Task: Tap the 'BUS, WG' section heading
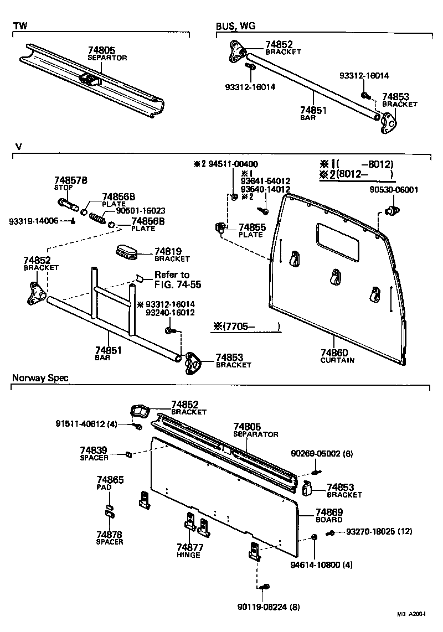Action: pyautogui.click(x=235, y=26)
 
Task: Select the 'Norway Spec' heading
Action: pyautogui.click(x=40, y=378)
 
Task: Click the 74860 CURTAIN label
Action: pyautogui.click(x=337, y=356)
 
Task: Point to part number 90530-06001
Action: pyautogui.click(x=393, y=189)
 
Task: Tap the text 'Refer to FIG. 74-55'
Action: pyautogui.click(x=177, y=280)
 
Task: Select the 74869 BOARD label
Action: pyautogui.click(x=329, y=515)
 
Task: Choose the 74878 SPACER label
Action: pyautogui.click(x=110, y=538)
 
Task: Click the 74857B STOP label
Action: pyautogui.click(x=71, y=183)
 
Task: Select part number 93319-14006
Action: pyautogui.click(x=33, y=221)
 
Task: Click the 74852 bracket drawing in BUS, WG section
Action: pyautogui.click(x=236, y=51)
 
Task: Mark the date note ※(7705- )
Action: pyautogui.click(x=247, y=327)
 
